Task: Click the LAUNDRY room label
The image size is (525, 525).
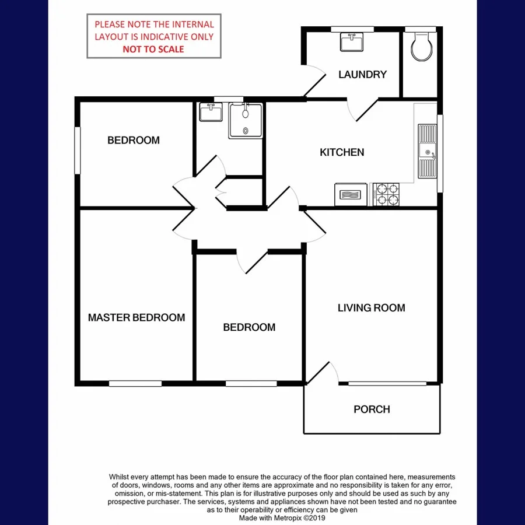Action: click(362, 74)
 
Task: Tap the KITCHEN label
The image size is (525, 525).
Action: click(342, 152)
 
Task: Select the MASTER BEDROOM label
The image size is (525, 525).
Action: click(136, 317)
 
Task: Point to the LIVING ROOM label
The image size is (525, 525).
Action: click(371, 307)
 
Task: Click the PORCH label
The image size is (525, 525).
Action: click(372, 409)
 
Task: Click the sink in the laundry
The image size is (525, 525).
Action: click(352, 42)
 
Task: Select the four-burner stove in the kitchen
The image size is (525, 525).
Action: click(387, 194)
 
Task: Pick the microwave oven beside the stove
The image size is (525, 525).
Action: click(351, 194)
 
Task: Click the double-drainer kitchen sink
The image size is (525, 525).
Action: click(427, 152)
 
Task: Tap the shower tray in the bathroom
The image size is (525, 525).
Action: click(246, 120)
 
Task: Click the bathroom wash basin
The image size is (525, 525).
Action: click(211, 111)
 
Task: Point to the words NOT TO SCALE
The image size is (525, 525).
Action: click(153, 49)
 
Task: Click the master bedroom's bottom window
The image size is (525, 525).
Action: click(135, 383)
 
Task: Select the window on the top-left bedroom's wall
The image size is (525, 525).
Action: click(77, 150)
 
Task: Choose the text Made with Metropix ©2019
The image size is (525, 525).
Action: click(282, 517)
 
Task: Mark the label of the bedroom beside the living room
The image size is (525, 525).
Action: click(249, 327)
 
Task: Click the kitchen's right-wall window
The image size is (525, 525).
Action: click(440, 153)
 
